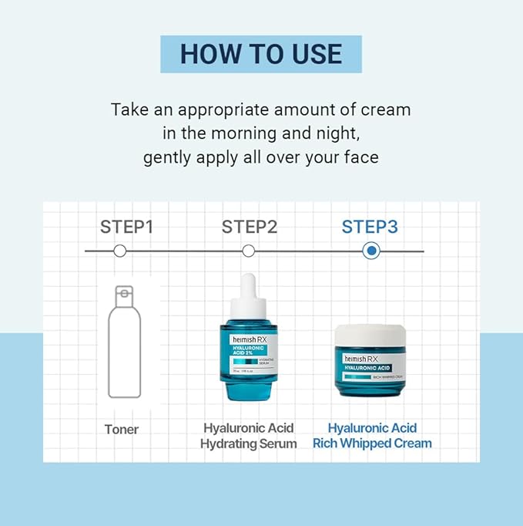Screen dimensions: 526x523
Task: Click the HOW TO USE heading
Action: [x=261, y=54]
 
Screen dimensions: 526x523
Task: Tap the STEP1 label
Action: [x=127, y=227]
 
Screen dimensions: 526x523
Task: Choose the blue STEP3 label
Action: [x=370, y=227]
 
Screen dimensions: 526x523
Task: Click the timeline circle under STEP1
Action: [x=119, y=251]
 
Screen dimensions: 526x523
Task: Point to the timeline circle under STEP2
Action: [x=248, y=251]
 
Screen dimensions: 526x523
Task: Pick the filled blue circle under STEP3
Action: [x=371, y=251]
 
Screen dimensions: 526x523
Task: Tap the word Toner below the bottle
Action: [x=122, y=429]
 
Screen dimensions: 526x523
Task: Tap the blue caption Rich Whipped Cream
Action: [x=372, y=443]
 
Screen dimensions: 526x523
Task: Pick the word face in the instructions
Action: [x=361, y=157]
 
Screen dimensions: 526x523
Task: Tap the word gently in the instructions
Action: [x=166, y=157]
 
